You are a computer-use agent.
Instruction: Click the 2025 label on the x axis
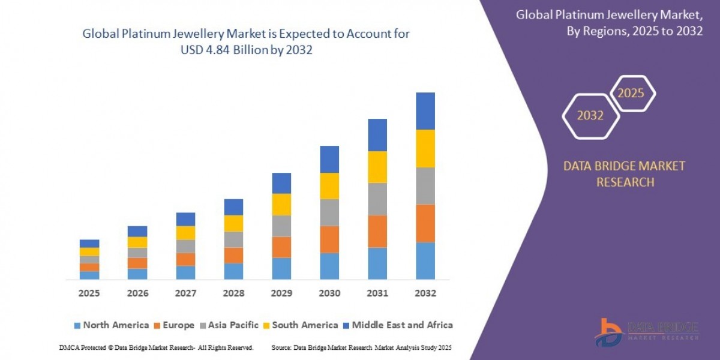[x=89, y=293]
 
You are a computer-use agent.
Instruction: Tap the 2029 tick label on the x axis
[x=281, y=293]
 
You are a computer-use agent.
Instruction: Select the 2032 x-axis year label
[x=425, y=293]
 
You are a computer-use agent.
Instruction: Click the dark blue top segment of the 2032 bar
[x=425, y=111]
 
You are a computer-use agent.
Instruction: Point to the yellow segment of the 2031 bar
[x=377, y=167]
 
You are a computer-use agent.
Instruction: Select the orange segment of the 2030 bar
[x=329, y=239]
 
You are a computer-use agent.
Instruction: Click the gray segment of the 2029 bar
[x=281, y=226]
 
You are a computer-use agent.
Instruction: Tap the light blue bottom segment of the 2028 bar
[x=233, y=271]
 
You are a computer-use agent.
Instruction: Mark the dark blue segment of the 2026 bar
[x=137, y=231]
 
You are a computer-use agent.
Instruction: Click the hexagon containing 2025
[x=631, y=94]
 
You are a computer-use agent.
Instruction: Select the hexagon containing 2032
[x=590, y=116]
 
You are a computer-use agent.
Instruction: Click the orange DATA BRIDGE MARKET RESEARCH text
[x=625, y=174]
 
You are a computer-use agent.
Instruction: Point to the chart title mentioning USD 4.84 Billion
[x=246, y=43]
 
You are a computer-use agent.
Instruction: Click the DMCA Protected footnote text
[x=157, y=347]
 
